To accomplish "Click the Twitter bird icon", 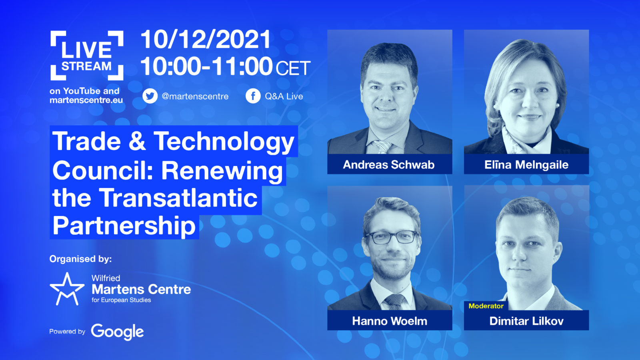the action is click(x=150, y=96).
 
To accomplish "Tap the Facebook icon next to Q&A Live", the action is click(x=253, y=96).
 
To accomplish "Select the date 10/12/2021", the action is click(x=206, y=40).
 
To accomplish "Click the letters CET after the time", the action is click(x=293, y=68).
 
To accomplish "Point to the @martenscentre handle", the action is click(x=195, y=96).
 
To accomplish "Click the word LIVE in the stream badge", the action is click(x=86, y=50).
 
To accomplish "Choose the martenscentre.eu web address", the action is click(x=86, y=100).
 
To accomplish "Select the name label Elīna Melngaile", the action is click(x=526, y=164).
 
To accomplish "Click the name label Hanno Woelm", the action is click(x=390, y=321).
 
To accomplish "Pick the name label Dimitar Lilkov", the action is click(x=526, y=321).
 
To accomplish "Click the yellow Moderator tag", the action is click(x=486, y=306).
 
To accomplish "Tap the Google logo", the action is click(x=117, y=332).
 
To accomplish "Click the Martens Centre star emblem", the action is click(x=67, y=289).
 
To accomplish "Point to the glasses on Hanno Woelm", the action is click(x=392, y=237).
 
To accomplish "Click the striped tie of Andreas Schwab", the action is click(x=382, y=147).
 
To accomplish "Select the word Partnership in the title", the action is click(x=124, y=226).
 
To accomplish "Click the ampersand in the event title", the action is click(x=137, y=141).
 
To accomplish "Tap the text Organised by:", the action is click(x=80, y=259).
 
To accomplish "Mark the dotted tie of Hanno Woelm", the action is click(x=395, y=302).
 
